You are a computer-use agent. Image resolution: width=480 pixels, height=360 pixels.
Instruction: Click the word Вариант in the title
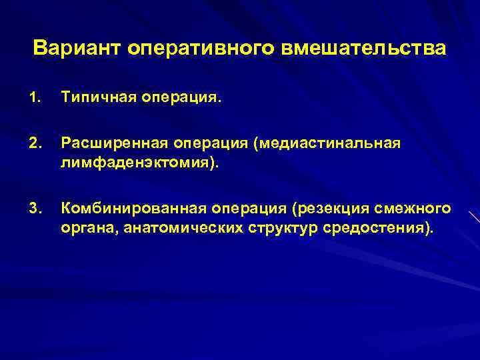click(x=76, y=49)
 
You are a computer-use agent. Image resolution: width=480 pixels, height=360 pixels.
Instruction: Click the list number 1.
click(x=34, y=99)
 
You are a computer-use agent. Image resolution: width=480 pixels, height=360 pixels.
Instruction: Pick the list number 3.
click(x=34, y=209)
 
